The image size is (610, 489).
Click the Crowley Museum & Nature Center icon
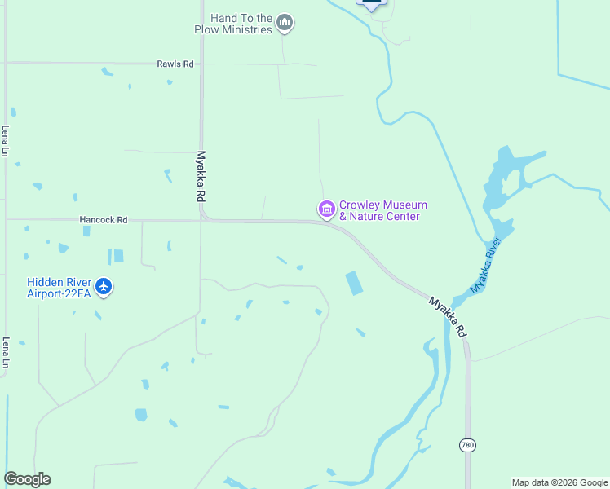click(327, 210)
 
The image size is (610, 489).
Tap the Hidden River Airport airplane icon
click(104, 287)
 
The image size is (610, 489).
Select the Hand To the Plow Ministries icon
click(285, 23)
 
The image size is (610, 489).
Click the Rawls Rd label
click(176, 64)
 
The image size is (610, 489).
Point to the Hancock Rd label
click(104, 219)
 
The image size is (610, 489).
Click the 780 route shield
click(467, 445)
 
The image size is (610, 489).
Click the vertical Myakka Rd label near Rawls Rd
click(201, 176)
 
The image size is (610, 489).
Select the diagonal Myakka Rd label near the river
click(448, 317)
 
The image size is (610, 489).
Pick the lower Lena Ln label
click(6, 352)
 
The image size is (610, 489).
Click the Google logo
click(28, 479)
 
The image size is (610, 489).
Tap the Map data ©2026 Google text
click(559, 482)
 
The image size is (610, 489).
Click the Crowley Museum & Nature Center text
click(382, 210)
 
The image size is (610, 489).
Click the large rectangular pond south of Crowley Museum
click(355, 283)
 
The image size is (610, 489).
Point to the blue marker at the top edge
click(372, 4)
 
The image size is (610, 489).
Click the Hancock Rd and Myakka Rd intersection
click(201, 219)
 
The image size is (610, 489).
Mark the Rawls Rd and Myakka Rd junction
click(201, 64)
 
